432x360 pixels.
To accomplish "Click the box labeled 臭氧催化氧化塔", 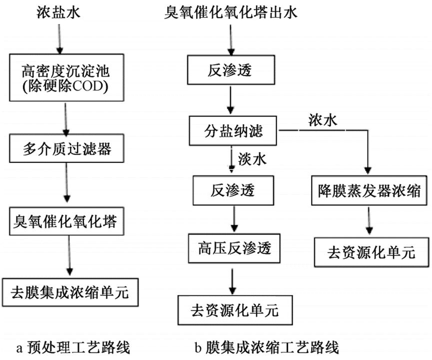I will (x=66, y=220).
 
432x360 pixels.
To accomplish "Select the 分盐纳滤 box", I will (x=233, y=132).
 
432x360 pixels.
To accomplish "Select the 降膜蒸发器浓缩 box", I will (x=370, y=190).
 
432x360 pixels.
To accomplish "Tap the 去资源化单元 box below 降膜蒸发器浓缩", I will (x=372, y=252).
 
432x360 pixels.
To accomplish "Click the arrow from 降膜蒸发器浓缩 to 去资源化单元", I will (x=370, y=219).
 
